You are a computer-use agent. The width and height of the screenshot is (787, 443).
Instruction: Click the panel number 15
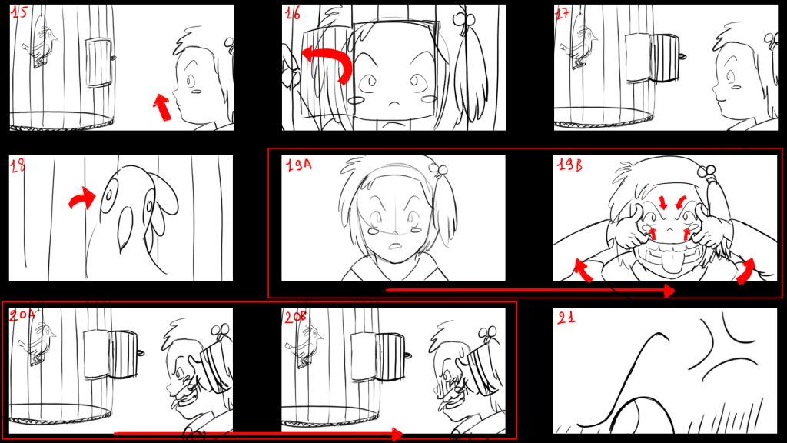pos(19,12)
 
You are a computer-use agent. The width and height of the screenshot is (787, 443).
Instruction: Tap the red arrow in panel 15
pos(162,107)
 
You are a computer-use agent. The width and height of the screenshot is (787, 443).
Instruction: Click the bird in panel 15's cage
pos(40,46)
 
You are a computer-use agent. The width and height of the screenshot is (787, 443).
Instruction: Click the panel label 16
pos(293,13)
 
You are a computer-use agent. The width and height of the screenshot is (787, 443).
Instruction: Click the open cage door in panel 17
pos(665,58)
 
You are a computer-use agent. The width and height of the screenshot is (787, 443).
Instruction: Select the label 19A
pos(299,165)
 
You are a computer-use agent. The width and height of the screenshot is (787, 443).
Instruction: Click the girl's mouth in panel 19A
pos(396,247)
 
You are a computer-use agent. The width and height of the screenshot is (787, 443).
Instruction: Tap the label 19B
pos(570,165)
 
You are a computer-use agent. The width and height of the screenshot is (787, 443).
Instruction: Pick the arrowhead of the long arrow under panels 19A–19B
pos(669,290)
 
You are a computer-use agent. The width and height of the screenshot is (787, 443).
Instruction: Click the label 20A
pos(22,315)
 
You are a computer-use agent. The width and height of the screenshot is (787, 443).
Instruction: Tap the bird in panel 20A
pos(37,344)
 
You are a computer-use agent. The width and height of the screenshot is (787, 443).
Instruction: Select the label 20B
pos(296,317)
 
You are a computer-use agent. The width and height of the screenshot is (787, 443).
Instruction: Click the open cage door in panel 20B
pos(390,357)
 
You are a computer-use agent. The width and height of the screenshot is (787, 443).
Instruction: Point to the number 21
pos(566,318)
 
